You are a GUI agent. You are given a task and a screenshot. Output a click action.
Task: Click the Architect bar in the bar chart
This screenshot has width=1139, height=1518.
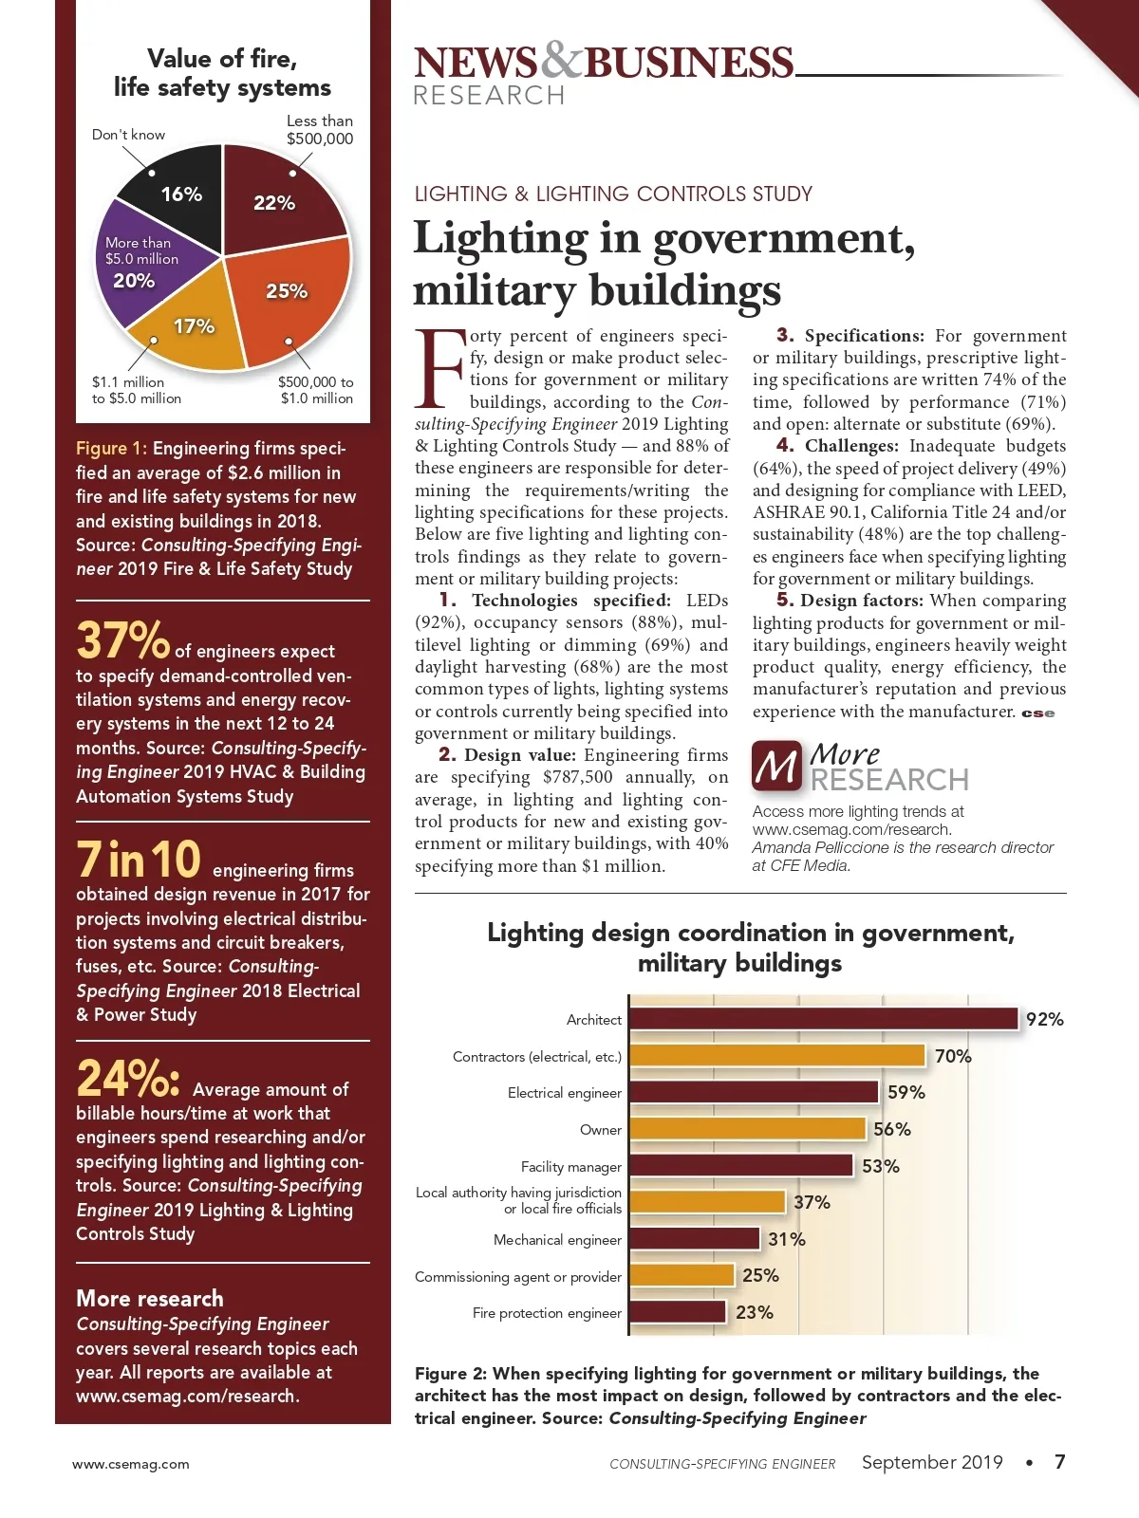coord(823,1019)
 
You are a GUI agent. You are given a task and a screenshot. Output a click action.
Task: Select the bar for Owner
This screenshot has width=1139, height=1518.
coord(747,1129)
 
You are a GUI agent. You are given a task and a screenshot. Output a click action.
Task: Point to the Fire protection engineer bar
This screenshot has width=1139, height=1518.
coord(677,1312)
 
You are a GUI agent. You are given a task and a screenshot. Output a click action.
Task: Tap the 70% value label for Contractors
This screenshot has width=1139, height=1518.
coord(953,1056)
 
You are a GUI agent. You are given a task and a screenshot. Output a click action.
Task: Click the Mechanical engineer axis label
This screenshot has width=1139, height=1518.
coord(557,1240)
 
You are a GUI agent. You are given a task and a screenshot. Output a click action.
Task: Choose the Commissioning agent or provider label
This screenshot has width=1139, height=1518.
coord(518,1277)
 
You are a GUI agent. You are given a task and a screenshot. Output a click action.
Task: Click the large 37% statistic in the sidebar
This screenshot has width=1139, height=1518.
coord(122,640)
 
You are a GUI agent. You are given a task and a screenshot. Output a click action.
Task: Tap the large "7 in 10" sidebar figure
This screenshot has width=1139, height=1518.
coord(139,860)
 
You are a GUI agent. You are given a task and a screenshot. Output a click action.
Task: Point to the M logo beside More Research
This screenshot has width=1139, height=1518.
coord(777,767)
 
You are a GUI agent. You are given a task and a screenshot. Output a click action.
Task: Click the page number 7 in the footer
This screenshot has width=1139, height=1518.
coord(1060,1462)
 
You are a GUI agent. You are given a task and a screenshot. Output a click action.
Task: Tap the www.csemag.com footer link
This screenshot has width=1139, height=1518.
coord(131,1464)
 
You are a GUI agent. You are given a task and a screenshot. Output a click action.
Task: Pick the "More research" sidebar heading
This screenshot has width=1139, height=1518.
coord(150,1298)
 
